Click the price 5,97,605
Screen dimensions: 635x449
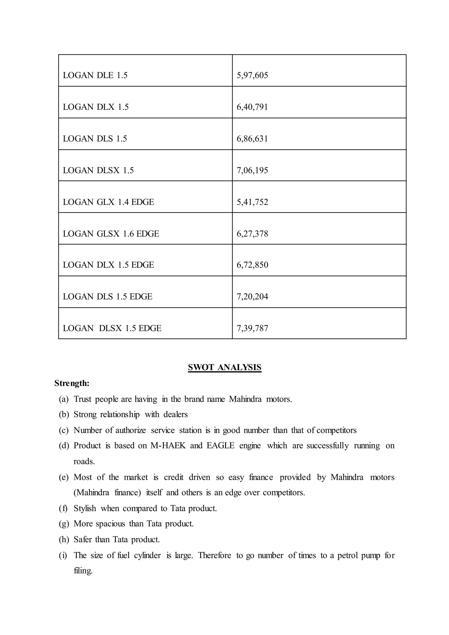(252, 75)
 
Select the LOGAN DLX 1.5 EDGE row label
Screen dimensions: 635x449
(108, 265)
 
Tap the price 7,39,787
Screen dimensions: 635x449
(252, 328)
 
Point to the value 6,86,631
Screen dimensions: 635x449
(252, 139)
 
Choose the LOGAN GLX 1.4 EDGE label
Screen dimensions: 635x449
(108, 202)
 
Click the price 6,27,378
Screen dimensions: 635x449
(252, 234)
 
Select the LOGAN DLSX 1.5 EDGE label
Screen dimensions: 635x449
(112, 328)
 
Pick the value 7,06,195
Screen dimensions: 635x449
(252, 170)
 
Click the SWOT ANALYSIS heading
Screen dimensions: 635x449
(224, 367)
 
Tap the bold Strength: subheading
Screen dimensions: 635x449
(72, 383)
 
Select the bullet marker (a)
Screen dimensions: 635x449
(64, 399)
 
